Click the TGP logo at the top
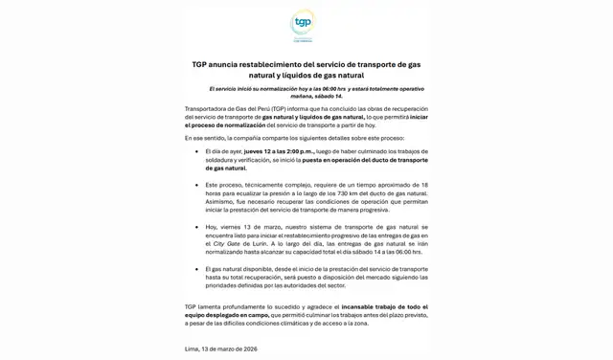pyautogui.click(x=303, y=24)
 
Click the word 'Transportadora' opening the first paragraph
pyautogui.click(x=207, y=108)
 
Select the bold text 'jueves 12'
pyautogui.click(x=260, y=150)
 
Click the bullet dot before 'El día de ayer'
pyautogui.click(x=197, y=151)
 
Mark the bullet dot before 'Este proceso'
pyautogui.click(x=197, y=185)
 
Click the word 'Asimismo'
pyautogui.click(x=222, y=201)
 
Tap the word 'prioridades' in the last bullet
pyautogui.click(x=224, y=285)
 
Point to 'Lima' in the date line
pyautogui.click(x=193, y=349)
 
